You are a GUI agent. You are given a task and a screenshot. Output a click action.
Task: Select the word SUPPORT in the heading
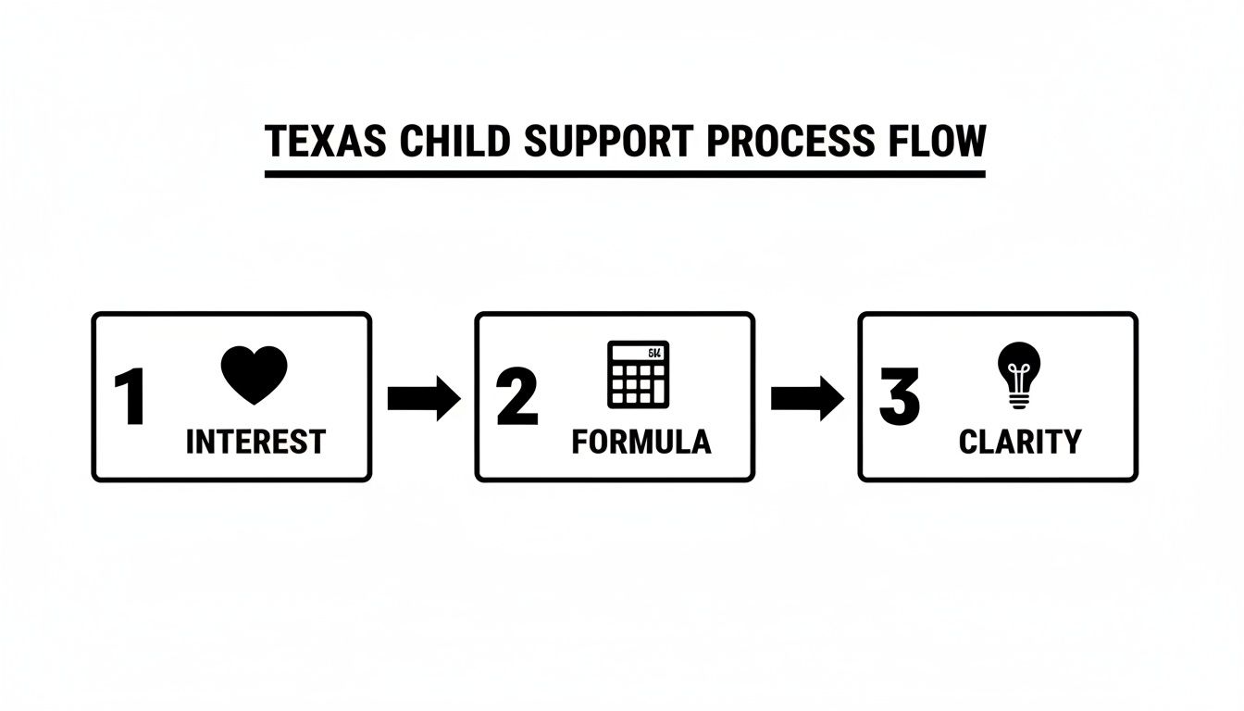tap(605, 142)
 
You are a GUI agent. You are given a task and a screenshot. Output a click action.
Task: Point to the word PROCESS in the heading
tap(786, 142)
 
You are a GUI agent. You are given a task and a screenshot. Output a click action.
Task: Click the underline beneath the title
tap(625, 173)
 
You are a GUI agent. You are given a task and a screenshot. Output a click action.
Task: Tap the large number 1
tap(131, 398)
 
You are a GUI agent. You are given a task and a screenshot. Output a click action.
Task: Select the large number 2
tap(516, 398)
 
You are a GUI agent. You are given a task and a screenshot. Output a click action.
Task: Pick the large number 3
tap(899, 398)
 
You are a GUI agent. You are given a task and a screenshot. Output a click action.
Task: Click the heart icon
tap(254, 373)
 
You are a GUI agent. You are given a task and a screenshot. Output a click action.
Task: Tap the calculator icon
tap(638, 374)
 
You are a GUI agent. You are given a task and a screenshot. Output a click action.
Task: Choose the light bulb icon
tap(1019, 373)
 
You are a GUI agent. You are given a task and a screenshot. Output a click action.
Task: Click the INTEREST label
tap(255, 442)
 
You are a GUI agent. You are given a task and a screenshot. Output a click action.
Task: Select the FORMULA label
tap(641, 442)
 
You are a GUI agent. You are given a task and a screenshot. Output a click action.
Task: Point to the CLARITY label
tap(1019, 442)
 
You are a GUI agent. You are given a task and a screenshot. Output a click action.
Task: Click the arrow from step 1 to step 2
tap(423, 398)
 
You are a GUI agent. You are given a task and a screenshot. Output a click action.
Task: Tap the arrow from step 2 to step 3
tap(806, 398)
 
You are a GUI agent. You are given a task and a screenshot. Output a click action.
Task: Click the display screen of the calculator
tap(638, 353)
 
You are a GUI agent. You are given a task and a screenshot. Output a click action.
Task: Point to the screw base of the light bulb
tap(1019, 399)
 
